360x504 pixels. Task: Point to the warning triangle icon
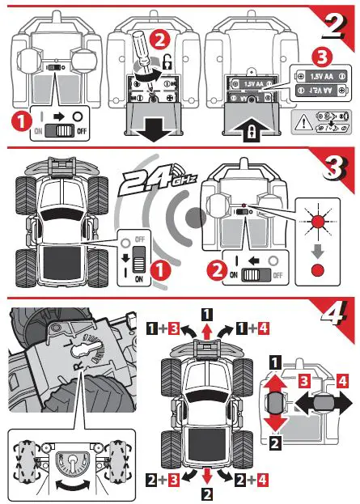point(302,123)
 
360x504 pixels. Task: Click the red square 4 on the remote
point(343,379)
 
